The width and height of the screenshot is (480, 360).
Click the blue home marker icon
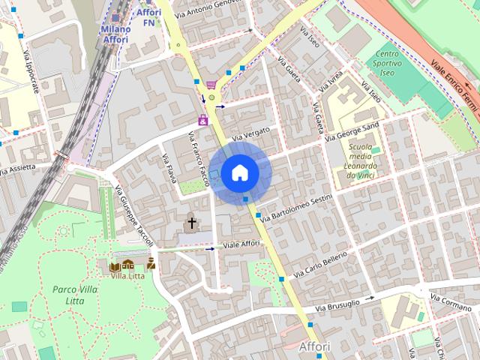(x=239, y=173)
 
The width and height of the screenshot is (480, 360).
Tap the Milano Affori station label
(x=115, y=34)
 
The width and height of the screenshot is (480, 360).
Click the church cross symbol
(x=191, y=223)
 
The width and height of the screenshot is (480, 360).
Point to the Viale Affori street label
(x=241, y=244)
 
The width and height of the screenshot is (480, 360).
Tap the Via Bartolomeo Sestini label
(x=295, y=206)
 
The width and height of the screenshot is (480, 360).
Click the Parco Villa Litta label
(x=74, y=294)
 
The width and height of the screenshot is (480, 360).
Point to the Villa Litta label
(x=127, y=275)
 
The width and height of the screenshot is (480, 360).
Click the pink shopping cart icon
(x=211, y=85)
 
